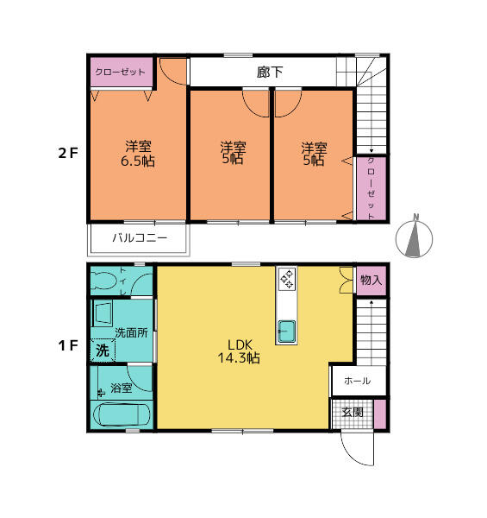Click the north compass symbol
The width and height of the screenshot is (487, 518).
(414, 237)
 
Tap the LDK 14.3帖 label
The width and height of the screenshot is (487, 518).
(239, 351)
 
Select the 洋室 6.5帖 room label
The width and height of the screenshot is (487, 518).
(138, 154)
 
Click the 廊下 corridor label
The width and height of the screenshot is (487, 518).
(270, 72)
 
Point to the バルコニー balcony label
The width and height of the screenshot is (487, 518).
(140, 238)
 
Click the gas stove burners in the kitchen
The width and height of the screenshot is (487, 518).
(287, 278)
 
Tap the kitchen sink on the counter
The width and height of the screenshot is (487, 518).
(286, 332)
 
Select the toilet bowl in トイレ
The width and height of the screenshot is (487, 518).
(103, 280)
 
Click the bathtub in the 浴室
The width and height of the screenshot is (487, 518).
(122, 414)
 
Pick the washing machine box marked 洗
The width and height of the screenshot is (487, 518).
(103, 351)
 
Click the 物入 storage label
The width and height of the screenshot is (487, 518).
(371, 280)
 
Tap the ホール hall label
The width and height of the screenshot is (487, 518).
(358, 381)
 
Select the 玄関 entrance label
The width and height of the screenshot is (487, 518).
(353, 412)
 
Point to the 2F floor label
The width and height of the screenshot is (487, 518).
(67, 153)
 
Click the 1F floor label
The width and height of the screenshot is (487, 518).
(67, 345)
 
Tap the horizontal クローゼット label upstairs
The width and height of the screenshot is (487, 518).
(120, 72)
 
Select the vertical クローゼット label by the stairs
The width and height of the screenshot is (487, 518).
(371, 188)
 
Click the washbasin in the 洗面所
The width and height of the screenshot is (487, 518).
(103, 313)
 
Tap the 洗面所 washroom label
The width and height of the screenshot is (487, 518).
(131, 332)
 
